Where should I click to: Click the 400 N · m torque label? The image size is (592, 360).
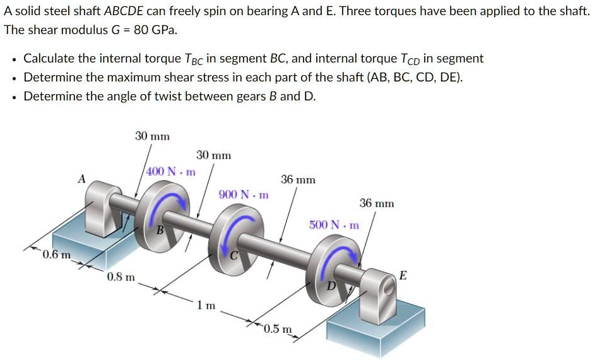171,172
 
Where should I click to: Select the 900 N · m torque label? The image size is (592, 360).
244,195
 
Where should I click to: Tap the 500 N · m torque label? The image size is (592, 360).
334,225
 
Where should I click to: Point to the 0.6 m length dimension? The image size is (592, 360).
56,255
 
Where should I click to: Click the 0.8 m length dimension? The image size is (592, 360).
120,277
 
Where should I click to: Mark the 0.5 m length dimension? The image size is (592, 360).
278,328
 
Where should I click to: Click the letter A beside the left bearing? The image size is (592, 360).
81,179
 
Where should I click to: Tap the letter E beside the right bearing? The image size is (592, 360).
403,275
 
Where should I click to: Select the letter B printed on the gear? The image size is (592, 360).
160,231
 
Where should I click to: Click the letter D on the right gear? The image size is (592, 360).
329,286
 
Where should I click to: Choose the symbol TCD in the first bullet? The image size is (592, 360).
407,59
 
